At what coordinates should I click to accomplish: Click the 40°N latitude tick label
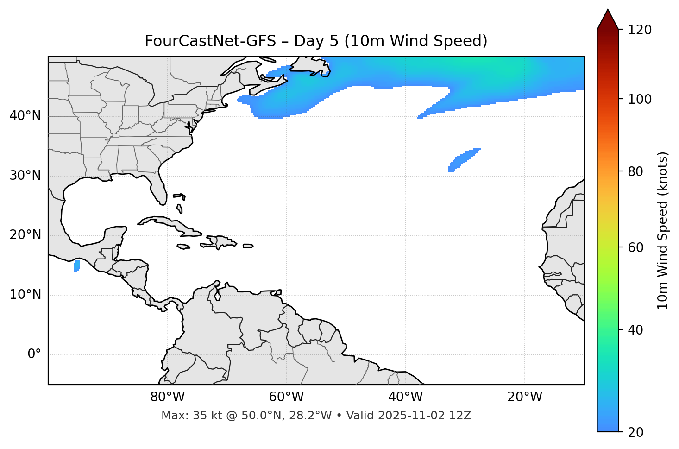coord(25,116)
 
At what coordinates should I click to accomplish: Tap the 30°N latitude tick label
coord(25,176)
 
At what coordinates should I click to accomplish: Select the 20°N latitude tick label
coord(25,235)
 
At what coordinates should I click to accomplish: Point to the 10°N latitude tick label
coord(25,295)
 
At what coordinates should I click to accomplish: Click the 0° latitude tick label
coord(34,354)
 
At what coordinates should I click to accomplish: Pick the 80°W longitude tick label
coord(167,397)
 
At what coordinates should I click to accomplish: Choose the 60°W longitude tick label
coord(286,397)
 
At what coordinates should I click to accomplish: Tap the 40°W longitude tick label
coord(405,397)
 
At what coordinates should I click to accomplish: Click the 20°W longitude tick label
coord(525,397)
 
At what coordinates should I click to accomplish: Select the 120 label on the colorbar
coord(641,30)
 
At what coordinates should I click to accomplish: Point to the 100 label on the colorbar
coord(641,99)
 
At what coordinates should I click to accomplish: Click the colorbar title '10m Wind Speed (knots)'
coord(663,231)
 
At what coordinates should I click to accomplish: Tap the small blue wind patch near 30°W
coord(463,160)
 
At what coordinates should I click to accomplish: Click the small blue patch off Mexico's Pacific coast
coord(77,266)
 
